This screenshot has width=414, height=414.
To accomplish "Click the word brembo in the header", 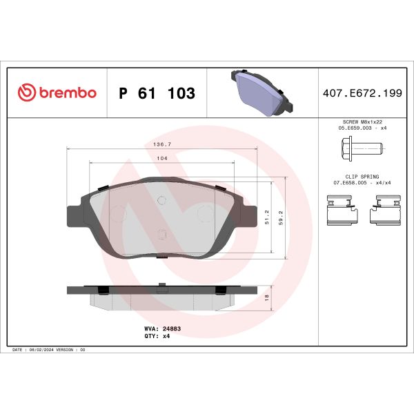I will (x=66, y=93).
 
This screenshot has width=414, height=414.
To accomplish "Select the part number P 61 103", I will (x=157, y=93).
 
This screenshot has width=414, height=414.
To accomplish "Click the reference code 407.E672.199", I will (x=362, y=93).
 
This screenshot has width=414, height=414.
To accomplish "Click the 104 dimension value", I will (x=162, y=159).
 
